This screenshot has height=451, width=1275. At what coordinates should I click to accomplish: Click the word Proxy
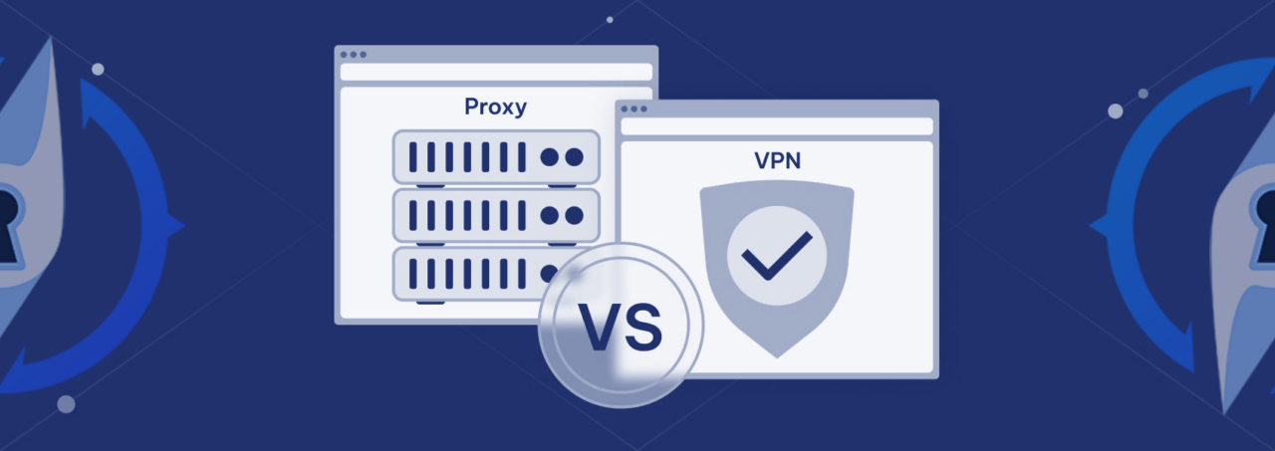pos(495,108)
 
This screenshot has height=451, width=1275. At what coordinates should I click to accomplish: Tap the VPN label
pos(777,160)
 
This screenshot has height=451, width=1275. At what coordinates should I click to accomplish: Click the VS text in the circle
pos(620,329)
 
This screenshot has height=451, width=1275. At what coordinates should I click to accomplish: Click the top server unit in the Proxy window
pos(496,157)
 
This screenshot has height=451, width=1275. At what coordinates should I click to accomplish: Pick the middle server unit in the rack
pos(496,215)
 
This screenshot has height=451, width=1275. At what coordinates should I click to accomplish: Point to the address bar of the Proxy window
pos(496,72)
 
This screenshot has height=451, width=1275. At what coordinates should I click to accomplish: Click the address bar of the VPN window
pos(777,126)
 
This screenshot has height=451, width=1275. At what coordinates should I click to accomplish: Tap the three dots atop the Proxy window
pos(353,55)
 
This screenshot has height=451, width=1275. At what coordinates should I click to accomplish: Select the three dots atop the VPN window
pos(634,109)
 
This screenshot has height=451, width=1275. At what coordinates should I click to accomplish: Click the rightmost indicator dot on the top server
pos(574,157)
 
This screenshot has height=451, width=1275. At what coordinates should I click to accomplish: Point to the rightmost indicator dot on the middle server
pos(574,215)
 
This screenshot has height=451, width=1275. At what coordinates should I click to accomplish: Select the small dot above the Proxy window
pos(610,19)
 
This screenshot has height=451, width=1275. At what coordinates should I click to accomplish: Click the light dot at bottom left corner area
pos(66,404)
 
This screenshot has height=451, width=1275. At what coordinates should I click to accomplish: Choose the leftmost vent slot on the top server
pos(413,157)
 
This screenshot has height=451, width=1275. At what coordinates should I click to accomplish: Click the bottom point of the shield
pos(777,354)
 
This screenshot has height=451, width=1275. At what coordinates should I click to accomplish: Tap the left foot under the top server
pos(430,185)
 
